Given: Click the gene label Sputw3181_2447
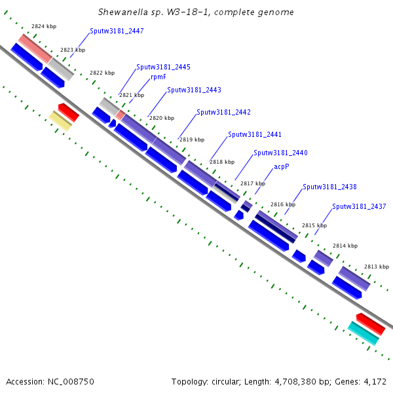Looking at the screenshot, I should coord(117,31).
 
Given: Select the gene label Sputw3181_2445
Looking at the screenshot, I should coord(163,67).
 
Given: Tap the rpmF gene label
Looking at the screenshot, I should coord(158,77).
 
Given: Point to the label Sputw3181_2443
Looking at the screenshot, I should coord(194,90).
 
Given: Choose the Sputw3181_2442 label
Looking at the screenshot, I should coord(223,113).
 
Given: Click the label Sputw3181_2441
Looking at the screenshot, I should coord(255,134).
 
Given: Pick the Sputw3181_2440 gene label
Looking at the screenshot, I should coord(280,153).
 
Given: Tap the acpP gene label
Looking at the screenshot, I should coord(282,167).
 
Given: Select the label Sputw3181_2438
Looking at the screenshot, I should coord(329,187).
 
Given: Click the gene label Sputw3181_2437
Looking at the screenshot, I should coord(359,206).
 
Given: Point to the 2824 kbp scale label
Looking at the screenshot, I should coord(44,26).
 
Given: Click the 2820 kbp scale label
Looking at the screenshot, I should coord(162,118).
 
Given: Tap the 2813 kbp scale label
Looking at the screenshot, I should coord(377,267).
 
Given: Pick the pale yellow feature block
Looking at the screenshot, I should coord(60,121).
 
